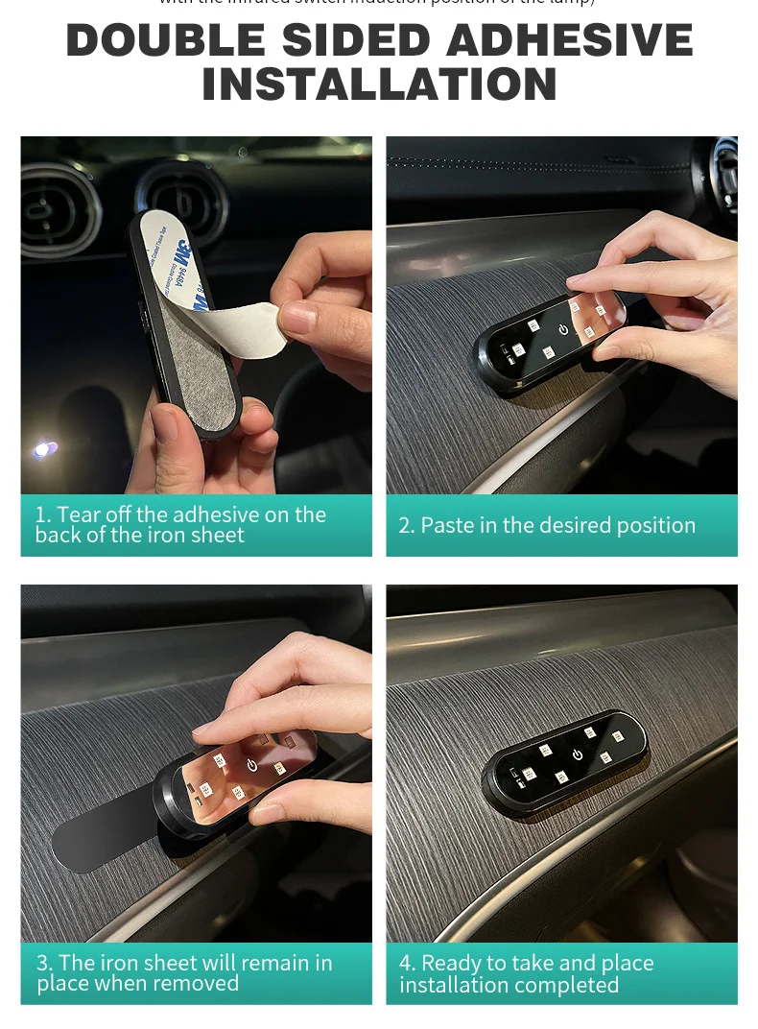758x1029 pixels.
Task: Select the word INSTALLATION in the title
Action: [x=379, y=84]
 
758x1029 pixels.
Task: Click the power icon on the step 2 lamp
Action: [x=563, y=329]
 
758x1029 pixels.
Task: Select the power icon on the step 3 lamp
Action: [x=252, y=765]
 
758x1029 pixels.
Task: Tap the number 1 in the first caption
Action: [x=41, y=514]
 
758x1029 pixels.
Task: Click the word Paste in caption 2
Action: [x=445, y=525]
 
